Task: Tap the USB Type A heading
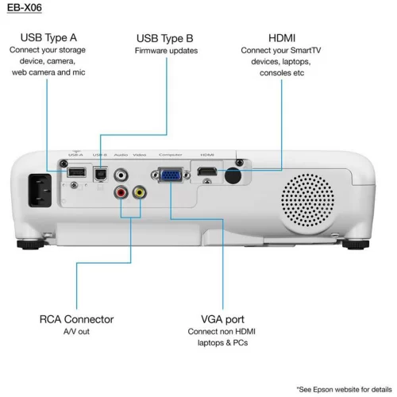pyautogui.click(x=48, y=37)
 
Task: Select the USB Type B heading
pyautogui.click(x=165, y=37)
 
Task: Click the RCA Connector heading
pyautogui.click(x=76, y=319)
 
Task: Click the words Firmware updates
pyautogui.click(x=166, y=51)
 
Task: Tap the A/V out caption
pyautogui.click(x=76, y=332)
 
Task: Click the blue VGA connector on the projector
pyautogui.click(x=170, y=175)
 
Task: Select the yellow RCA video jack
pyautogui.click(x=139, y=191)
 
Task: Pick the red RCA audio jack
pyautogui.click(x=121, y=191)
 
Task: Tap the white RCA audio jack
pyautogui.click(x=121, y=173)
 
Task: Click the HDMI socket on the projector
pyautogui.click(x=207, y=171)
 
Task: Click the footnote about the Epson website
pyautogui.click(x=344, y=390)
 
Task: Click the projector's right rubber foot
pyautogui.click(x=352, y=241)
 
